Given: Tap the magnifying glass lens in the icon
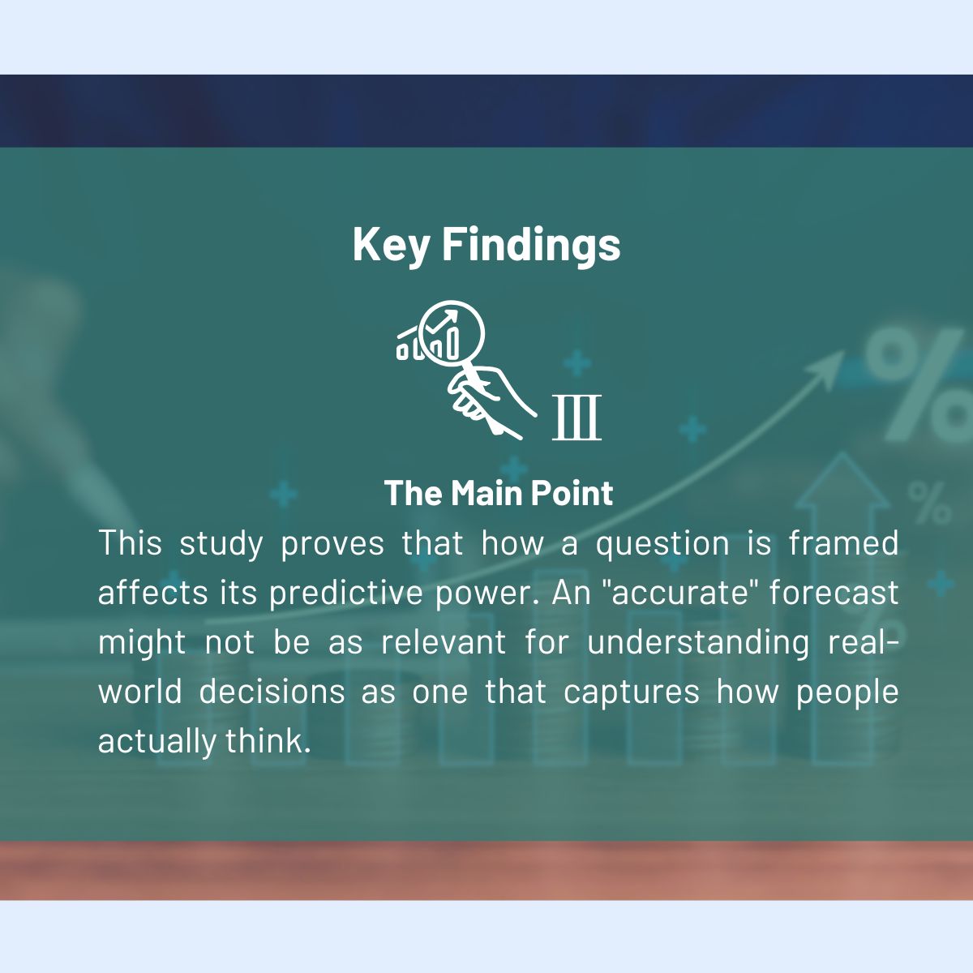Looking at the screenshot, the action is pos(451,332).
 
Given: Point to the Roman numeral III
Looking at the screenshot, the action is pos(577,418).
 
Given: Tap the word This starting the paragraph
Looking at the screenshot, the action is pos(130,543).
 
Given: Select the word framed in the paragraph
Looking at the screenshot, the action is pos(844,543).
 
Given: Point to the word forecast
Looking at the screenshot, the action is pos(834,593).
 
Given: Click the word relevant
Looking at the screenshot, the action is pos(444,642).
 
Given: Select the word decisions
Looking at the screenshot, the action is pos(272,692).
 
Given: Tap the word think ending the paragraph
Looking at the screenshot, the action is pos(268,741).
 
